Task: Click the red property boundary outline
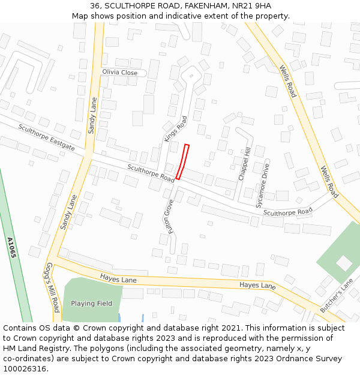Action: tap(182, 162)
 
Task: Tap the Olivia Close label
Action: tap(119, 73)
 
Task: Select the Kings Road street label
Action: tap(176, 128)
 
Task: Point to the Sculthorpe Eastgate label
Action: tap(46, 137)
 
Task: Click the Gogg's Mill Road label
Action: tap(53, 287)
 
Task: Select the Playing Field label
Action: tap(91, 304)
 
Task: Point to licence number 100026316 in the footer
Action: tap(25, 369)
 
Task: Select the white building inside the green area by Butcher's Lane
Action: tap(344, 263)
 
